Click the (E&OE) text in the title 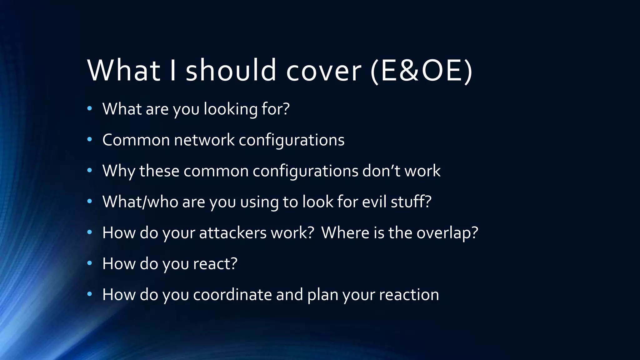[x=421, y=70]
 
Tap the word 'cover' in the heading [x=323, y=70]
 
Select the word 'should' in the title [x=231, y=70]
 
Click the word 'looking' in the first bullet [x=230, y=109]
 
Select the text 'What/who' [x=140, y=202]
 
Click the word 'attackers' [x=232, y=233]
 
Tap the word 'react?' [x=215, y=263]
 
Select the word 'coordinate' [x=232, y=295]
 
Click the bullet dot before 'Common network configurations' [x=90, y=140]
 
